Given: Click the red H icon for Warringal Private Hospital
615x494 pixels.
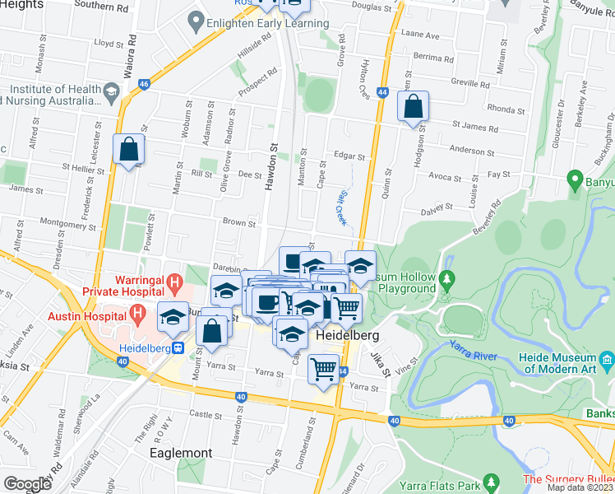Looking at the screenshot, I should pyautogui.click(x=173, y=285).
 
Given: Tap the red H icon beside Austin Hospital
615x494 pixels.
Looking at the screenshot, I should pyautogui.click(x=137, y=313).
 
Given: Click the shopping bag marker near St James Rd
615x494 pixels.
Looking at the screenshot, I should pyautogui.click(x=414, y=107).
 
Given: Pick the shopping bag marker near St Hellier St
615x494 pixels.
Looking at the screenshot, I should pyautogui.click(x=129, y=150).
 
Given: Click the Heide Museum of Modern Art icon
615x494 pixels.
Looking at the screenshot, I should pyautogui.click(x=607, y=359).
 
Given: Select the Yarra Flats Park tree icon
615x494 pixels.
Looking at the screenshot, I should pyautogui.click(x=491, y=481).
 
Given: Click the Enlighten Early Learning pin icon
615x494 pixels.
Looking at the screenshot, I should pyautogui.click(x=195, y=18).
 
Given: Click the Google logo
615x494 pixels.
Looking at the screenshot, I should pyautogui.click(x=27, y=484).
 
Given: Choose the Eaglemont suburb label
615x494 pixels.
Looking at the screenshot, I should pyautogui.click(x=181, y=453).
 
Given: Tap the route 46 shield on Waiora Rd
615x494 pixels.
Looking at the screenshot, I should pyautogui.click(x=144, y=83).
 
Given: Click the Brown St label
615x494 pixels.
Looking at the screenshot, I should pyautogui.click(x=239, y=222).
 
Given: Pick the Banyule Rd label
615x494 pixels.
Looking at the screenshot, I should pyautogui.click(x=588, y=12).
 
